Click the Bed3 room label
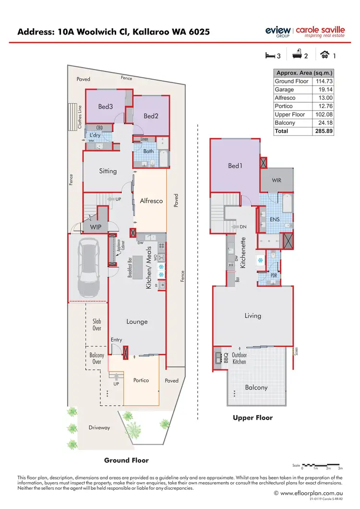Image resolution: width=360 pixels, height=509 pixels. [x=105, y=107]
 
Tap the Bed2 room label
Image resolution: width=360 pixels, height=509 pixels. [x=151, y=116]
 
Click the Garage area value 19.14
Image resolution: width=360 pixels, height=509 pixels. [x=324, y=89]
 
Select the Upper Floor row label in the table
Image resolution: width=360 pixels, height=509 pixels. [x=289, y=114]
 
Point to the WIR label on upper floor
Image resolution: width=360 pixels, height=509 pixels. [x=276, y=181]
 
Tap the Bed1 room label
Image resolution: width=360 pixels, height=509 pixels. [x=235, y=166]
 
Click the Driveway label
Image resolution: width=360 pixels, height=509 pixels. [x=99, y=427]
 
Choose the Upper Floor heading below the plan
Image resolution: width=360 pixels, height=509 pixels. [x=252, y=418]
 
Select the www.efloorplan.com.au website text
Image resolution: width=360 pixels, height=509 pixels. [x=307, y=493]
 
